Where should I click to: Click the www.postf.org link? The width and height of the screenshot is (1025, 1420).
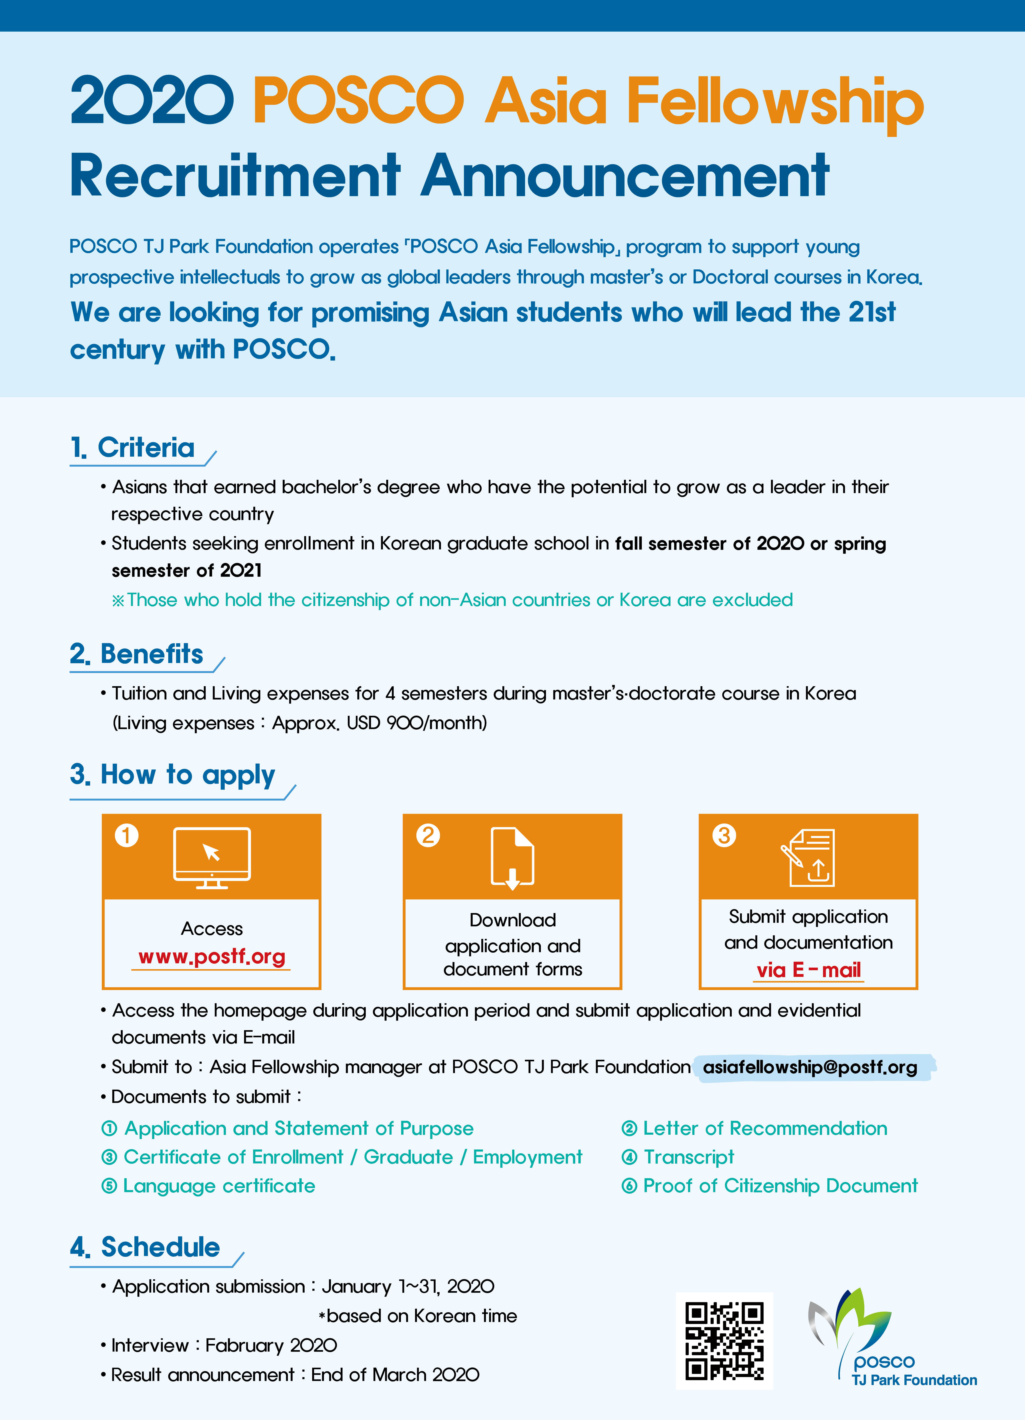click(212, 957)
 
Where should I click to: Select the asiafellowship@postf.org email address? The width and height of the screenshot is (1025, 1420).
click(810, 1067)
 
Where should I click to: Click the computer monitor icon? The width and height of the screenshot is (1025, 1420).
click(212, 857)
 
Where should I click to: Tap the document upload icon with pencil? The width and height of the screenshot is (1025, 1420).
click(809, 857)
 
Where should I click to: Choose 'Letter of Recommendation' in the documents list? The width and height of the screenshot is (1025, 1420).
click(765, 1128)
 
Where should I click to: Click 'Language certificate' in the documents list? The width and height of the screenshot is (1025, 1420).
click(219, 1186)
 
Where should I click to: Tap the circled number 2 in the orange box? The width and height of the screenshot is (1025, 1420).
click(428, 835)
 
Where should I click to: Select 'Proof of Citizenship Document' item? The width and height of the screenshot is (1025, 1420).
click(780, 1186)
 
